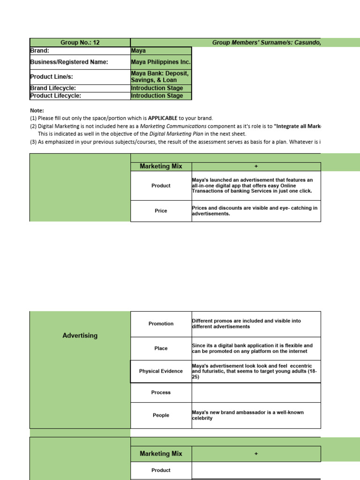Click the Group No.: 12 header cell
click(80, 43)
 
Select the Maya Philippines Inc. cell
click(161, 62)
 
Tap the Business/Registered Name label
click(69, 62)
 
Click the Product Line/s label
click(52, 77)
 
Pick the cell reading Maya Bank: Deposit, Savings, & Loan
click(161, 77)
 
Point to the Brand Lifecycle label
click(53, 88)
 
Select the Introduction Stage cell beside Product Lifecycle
click(157, 96)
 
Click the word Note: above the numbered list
click(37, 111)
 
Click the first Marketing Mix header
click(161, 166)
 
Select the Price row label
click(161, 211)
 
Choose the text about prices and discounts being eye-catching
click(255, 210)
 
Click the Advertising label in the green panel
click(80, 336)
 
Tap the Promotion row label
click(161, 324)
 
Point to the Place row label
click(161, 349)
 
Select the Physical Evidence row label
click(161, 371)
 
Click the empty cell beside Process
click(256, 393)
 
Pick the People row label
click(161, 415)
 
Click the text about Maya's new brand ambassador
click(247, 415)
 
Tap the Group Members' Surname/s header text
click(266, 43)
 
